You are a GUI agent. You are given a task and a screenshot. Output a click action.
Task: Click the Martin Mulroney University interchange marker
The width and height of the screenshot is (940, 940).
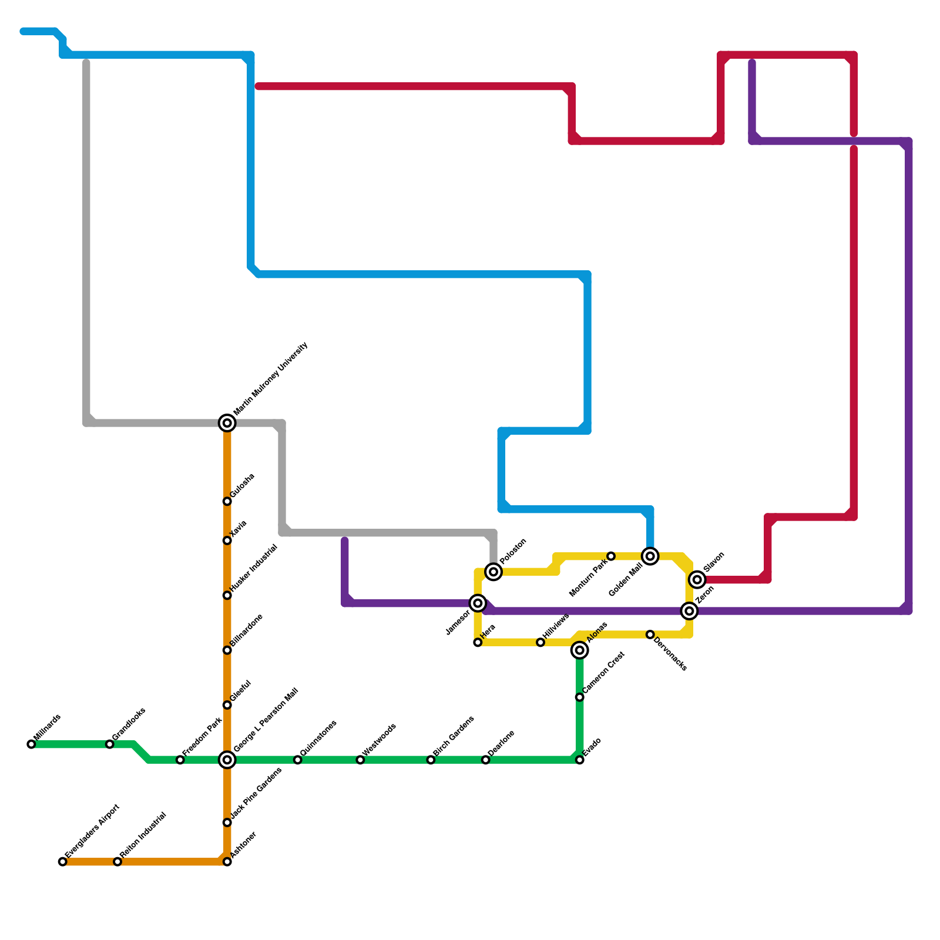[x=227, y=423]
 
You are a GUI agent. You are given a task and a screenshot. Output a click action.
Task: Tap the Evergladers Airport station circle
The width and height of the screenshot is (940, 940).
[x=63, y=862]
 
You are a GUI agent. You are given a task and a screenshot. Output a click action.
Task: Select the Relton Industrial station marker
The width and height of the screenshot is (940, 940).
[x=117, y=862]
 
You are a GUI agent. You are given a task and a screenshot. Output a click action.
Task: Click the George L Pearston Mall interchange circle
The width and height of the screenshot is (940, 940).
[x=227, y=760]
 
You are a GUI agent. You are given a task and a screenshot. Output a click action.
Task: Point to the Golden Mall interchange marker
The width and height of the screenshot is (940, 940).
[x=650, y=556]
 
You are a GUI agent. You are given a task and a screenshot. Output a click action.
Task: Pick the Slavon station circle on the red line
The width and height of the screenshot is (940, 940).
[x=697, y=580]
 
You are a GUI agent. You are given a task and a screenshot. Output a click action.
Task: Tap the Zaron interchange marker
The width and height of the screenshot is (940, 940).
[x=690, y=611]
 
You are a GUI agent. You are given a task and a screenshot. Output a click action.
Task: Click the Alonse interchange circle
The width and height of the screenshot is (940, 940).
[x=580, y=650]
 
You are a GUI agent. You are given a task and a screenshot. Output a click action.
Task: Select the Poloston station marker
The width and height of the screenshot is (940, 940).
[x=494, y=572]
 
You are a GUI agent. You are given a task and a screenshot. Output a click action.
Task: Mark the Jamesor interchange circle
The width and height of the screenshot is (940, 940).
[x=478, y=603]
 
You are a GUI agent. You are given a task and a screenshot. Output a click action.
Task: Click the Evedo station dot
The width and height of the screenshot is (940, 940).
[x=580, y=760]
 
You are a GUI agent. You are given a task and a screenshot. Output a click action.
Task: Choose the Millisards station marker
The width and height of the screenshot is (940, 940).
[x=31, y=744]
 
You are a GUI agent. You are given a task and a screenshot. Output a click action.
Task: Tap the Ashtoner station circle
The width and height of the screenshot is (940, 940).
[x=227, y=862]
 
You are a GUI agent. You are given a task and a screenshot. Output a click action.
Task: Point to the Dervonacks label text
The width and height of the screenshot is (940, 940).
[x=670, y=653]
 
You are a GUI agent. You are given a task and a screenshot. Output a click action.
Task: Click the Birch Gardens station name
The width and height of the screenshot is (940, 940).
[x=454, y=736]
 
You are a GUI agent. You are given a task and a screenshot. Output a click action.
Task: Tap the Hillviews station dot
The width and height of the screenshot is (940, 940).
[x=540, y=642]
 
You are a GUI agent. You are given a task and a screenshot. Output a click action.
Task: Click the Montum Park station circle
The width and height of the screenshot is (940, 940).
[x=611, y=556]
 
